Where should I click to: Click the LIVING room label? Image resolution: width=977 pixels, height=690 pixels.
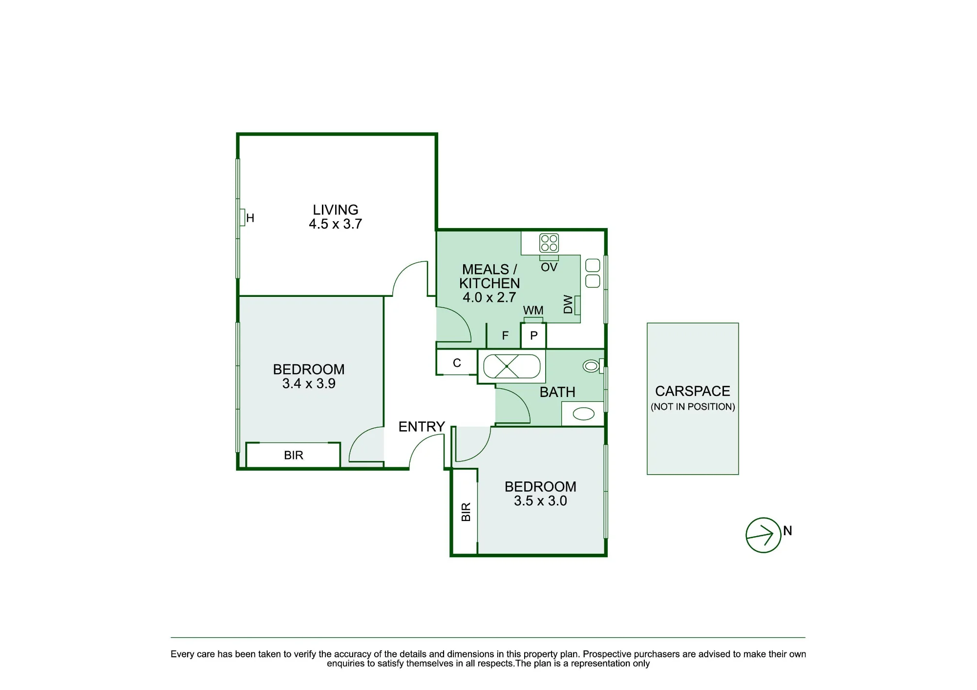(x=336, y=210)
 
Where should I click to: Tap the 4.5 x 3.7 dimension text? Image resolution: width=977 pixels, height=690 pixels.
(x=336, y=224)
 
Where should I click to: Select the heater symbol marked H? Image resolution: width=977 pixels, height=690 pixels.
(x=242, y=217)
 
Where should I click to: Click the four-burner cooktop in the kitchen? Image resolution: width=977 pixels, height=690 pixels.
(x=549, y=243)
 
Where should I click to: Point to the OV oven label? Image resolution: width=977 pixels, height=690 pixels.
(x=549, y=267)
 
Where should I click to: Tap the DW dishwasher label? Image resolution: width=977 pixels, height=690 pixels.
(x=568, y=304)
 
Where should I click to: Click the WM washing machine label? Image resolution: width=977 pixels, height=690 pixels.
(x=533, y=311)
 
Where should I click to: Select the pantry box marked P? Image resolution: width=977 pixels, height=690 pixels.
(x=533, y=336)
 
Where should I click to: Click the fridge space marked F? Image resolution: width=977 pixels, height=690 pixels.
(x=505, y=335)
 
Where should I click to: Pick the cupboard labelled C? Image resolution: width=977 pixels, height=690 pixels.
(x=457, y=362)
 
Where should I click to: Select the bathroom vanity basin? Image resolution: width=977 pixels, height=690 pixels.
(x=583, y=414)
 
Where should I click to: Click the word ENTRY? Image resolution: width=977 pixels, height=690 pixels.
(x=422, y=427)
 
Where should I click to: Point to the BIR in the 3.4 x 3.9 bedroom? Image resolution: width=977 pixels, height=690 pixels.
(x=293, y=455)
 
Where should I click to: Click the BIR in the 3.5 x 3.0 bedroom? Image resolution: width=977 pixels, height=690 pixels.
(x=465, y=512)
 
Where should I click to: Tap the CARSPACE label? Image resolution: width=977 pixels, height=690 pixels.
(x=693, y=391)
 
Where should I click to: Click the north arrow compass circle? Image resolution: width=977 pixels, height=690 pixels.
(x=763, y=535)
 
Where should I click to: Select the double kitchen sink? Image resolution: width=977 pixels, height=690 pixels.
(x=593, y=273)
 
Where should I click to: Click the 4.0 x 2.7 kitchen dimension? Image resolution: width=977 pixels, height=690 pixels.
(x=489, y=297)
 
